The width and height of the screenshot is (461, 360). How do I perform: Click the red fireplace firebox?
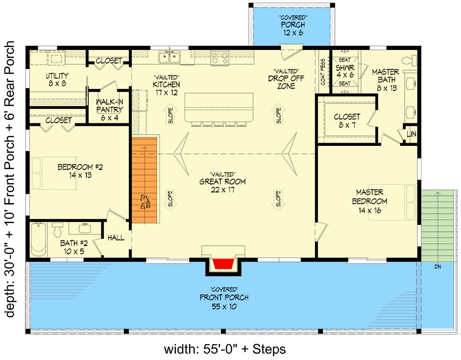tap(223, 264)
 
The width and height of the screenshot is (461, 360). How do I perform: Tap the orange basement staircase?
tap(145, 180)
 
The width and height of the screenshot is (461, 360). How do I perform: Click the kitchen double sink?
tap(170, 57)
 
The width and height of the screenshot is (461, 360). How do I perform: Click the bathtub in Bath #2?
tap(38, 239)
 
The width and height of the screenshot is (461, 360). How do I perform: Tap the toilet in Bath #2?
tap(58, 229)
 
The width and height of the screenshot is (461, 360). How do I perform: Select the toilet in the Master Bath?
tap(410, 61)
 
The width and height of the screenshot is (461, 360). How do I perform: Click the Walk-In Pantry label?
tap(110, 106)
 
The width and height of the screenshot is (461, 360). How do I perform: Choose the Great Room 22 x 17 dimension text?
tap(223, 190)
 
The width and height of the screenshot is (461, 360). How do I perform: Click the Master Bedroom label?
tap(370, 197)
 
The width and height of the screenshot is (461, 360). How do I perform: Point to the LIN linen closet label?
tap(411, 134)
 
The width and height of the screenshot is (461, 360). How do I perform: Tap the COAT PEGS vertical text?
tap(323, 72)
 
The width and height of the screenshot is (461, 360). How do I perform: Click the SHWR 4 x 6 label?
tap(345, 71)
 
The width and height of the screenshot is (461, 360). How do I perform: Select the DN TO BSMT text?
tap(145, 202)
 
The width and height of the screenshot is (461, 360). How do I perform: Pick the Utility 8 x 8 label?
tap(57, 79)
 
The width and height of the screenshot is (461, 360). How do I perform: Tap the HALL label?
tap(116, 238)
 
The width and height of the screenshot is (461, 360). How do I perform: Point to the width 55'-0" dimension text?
tap(225, 349)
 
